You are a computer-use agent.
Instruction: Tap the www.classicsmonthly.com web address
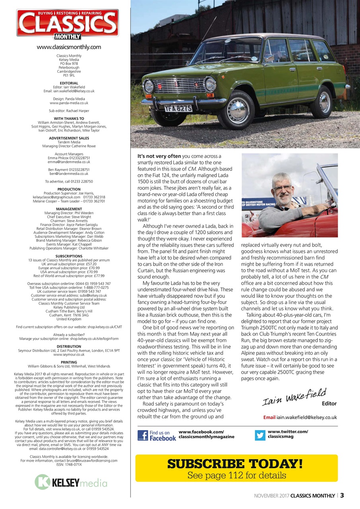coord(69,47)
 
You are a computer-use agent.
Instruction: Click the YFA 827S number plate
coord(178,108)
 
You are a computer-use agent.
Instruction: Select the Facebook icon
coord(142,435)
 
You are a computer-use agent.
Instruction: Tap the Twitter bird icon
coord(260,435)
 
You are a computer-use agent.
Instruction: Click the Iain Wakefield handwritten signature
coord(294,397)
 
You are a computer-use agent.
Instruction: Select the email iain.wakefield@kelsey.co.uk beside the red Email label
coord(307,418)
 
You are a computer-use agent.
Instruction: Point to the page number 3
coord(342,495)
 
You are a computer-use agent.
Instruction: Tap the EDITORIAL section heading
coord(69,83)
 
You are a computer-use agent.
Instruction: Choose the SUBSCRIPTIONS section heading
coord(69,256)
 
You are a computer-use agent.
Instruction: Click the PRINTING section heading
coord(69,362)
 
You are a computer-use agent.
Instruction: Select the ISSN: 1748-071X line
coord(69,464)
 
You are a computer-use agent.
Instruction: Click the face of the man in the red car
coord(284,189)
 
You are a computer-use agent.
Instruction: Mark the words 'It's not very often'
coord(159,156)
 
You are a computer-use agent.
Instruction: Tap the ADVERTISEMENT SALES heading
coord(69,138)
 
